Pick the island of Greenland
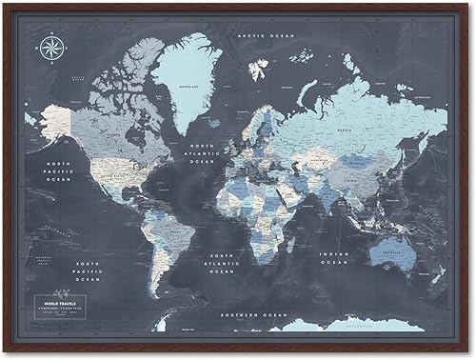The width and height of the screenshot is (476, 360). pos(184,76)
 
